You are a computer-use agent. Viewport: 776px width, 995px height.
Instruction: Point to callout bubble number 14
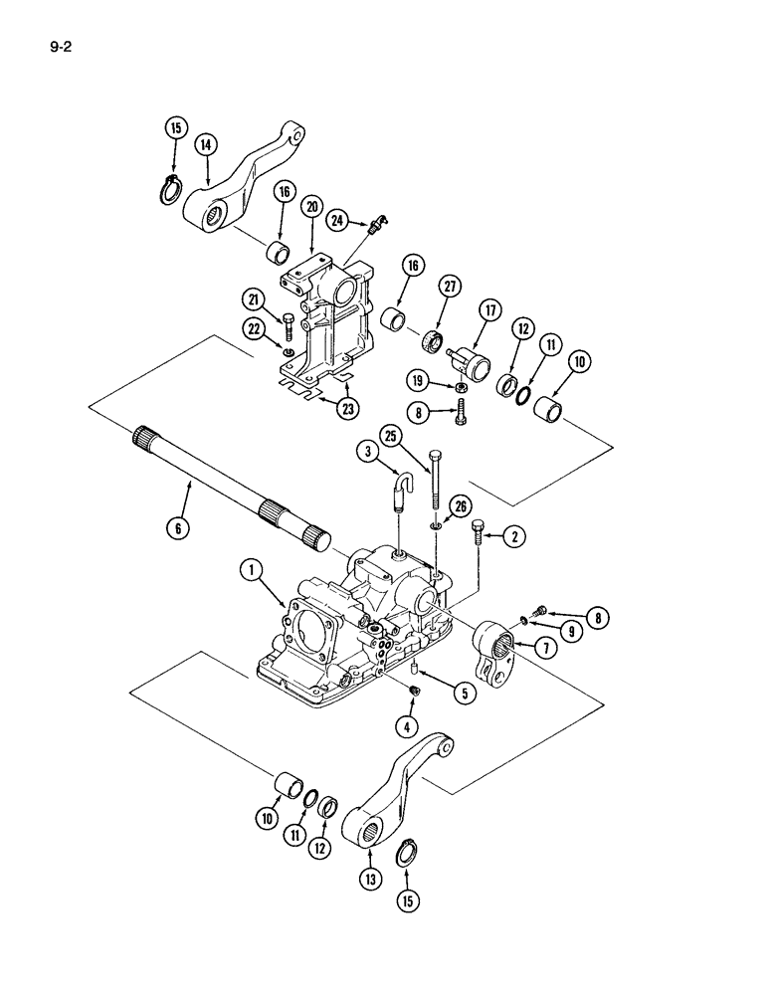click(206, 145)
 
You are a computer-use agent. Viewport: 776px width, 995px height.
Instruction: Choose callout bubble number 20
click(312, 207)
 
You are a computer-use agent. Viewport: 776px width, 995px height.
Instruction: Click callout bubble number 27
click(450, 288)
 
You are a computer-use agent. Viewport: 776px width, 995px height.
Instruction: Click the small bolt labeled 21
click(288, 323)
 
